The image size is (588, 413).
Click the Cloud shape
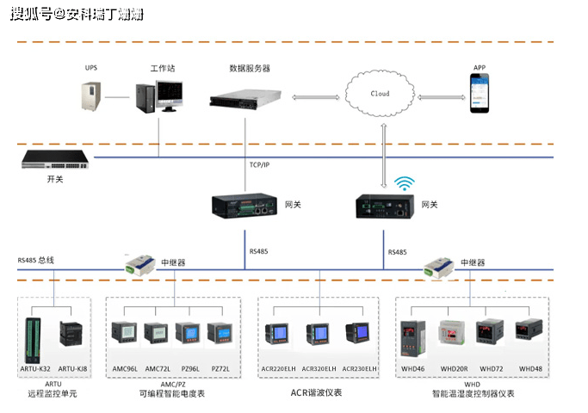tap(380, 92)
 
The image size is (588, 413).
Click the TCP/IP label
tap(259, 164)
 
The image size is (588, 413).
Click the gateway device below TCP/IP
tap(243, 206)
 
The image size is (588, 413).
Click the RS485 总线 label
tap(35, 259)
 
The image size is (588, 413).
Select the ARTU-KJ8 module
tap(71, 336)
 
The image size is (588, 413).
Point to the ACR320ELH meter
tap(317, 335)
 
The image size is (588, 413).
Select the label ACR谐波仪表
tap(316, 392)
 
